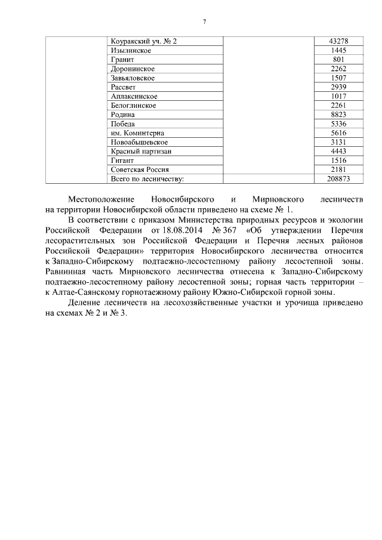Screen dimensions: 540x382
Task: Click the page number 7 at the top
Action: click(x=204, y=21)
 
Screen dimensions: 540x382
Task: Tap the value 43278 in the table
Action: click(x=338, y=41)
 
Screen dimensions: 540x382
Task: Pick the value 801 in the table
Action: click(x=338, y=60)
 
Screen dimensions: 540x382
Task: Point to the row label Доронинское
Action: click(x=133, y=69)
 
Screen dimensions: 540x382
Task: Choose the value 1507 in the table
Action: click(x=338, y=78)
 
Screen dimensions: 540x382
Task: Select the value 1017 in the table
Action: click(x=338, y=96)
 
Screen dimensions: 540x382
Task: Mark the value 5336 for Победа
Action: click(x=338, y=124)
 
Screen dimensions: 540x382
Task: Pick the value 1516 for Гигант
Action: click(x=338, y=161)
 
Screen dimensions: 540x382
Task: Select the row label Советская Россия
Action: click(x=140, y=169)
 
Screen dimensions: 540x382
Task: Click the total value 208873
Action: click(x=338, y=178)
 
